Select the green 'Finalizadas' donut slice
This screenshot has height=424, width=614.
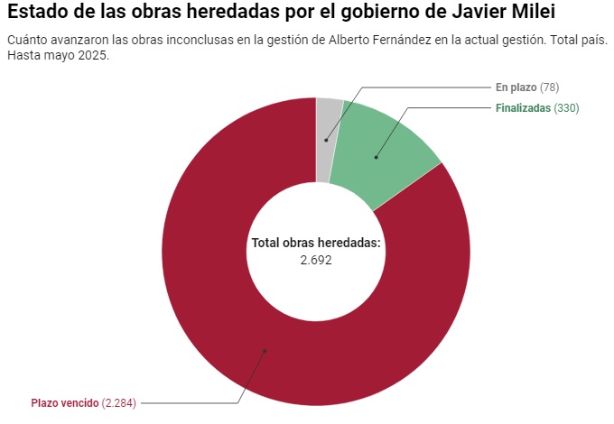388,153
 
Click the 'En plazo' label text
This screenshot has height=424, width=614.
516,87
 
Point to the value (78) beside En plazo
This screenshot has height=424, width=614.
550,87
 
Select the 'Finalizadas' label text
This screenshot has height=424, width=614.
523,108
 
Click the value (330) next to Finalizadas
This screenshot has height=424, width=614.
566,108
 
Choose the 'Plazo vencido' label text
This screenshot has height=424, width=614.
64,402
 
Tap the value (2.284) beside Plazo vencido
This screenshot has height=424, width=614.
118,402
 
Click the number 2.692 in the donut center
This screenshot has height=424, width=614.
316,259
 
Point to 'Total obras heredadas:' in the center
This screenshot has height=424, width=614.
316,244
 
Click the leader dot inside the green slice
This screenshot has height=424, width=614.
377,158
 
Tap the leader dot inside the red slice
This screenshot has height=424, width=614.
265,350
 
